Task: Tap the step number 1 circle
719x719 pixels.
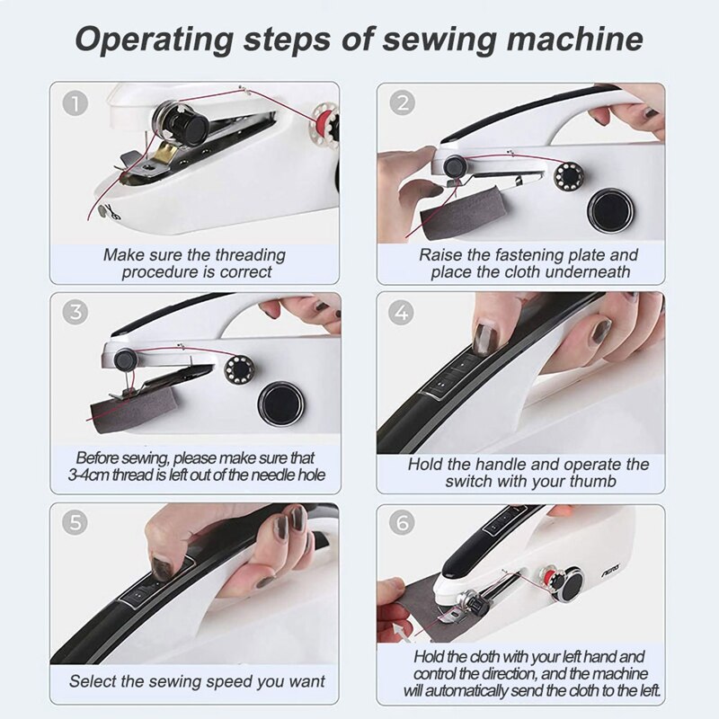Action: (x=75, y=104)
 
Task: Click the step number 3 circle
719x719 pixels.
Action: (x=75, y=314)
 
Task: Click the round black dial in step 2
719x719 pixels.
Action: (x=609, y=209)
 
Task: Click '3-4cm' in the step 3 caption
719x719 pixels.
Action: (x=98, y=475)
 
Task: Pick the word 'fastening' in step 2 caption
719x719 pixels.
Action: (x=545, y=255)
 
